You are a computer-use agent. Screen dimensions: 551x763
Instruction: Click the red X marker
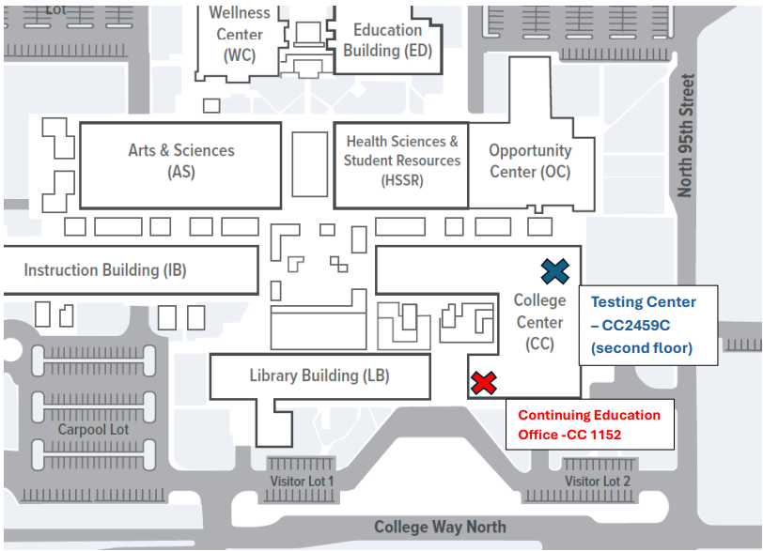coord(483,383)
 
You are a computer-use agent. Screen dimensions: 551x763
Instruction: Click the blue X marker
coord(555,270)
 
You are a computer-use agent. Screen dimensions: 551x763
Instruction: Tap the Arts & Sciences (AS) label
coord(181,161)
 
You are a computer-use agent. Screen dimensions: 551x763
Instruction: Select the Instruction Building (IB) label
coord(105,270)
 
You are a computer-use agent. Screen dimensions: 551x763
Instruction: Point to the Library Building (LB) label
coord(319,375)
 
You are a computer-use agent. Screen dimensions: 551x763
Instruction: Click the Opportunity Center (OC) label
coord(529,161)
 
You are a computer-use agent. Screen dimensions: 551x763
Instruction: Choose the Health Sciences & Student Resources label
coord(402,161)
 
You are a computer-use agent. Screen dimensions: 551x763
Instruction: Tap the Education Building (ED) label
coord(387,40)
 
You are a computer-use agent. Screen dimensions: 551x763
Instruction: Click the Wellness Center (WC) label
coord(240,35)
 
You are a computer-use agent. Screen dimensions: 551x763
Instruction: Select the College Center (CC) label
coord(539,322)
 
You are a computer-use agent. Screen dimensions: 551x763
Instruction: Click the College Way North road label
coord(439,528)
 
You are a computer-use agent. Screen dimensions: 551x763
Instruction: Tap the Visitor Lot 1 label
coord(302,482)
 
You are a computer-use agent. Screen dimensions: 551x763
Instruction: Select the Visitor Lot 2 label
coord(597,482)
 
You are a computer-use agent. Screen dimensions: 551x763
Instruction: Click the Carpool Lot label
coord(93,429)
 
